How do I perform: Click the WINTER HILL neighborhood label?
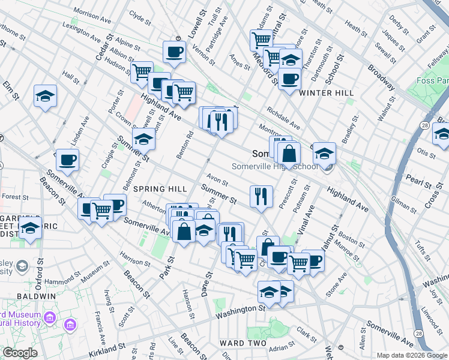click(x=327, y=93)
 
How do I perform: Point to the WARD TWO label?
click(x=244, y=343)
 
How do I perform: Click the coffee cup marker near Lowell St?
click(x=174, y=52)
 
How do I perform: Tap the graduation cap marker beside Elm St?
click(x=44, y=96)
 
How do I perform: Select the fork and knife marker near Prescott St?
click(x=261, y=196)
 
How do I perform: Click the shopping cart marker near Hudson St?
click(x=142, y=73)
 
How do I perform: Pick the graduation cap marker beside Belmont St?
click(x=143, y=139)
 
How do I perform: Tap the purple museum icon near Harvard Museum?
click(x=70, y=325)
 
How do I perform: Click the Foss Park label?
click(x=432, y=81)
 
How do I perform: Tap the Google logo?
click(x=20, y=353)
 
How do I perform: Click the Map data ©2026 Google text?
click(x=411, y=355)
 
